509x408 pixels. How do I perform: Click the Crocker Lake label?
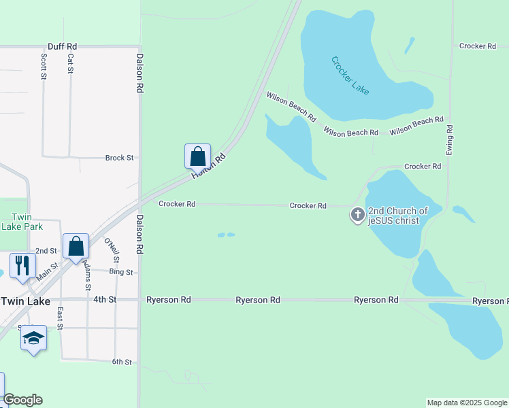pos(350,75)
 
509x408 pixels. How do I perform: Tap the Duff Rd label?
pos(62,46)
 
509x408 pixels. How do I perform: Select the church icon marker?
pos(357,216)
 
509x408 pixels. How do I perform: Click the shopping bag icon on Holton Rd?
pos(197,156)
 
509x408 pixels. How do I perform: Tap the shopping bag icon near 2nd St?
pos(76,245)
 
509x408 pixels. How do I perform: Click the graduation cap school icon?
pos(33,337)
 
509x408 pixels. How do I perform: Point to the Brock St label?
pos(119,158)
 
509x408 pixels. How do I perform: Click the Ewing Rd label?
pos(450,139)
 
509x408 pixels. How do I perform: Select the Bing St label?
pos(121,272)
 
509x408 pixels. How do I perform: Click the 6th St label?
pos(122,362)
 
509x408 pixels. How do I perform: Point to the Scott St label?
pos(43,67)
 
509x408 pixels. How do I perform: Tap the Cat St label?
pos(70,65)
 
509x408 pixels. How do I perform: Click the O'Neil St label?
pos(112,250)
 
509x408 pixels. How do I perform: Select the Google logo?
pos(22,400)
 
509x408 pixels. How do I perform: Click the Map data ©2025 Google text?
pos(467,403)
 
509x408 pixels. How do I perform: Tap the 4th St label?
pos(105,299)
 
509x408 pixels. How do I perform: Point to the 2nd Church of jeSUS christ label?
pos(398,216)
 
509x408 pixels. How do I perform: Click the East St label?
pos(60,318)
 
